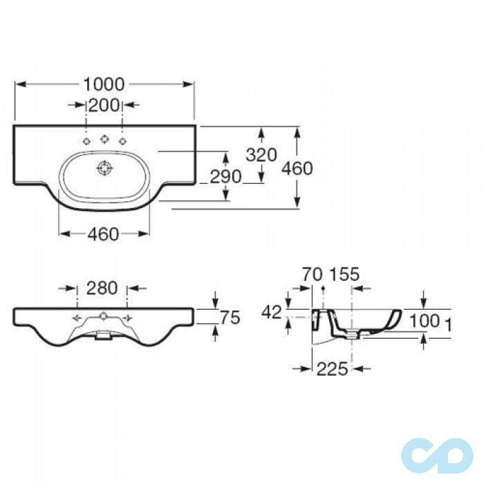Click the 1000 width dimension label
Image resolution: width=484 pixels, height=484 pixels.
(x=104, y=84)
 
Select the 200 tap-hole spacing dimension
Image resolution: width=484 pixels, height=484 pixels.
(x=104, y=105)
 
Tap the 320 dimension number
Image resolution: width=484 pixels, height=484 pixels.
(x=261, y=155)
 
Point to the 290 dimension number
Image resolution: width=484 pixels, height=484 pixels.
(x=225, y=177)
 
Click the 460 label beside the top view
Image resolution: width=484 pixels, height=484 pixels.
(x=297, y=169)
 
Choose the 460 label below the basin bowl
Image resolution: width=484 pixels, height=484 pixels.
(x=103, y=234)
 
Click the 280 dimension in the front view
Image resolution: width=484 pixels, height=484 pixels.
(x=102, y=288)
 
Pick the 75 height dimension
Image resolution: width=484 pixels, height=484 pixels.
(x=230, y=317)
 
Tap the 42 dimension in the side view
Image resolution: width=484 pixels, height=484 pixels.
(x=272, y=313)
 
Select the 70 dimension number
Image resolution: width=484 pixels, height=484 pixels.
(x=313, y=274)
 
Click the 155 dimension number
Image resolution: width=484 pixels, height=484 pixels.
(x=345, y=274)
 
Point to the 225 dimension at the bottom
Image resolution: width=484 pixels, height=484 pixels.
(x=333, y=369)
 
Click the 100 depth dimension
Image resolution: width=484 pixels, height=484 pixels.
(x=425, y=321)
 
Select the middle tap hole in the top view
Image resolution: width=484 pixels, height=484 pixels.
(x=104, y=139)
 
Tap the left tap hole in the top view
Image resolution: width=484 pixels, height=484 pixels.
(x=86, y=141)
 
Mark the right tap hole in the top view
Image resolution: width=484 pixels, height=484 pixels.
(x=123, y=141)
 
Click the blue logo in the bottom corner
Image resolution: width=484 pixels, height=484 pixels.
(x=437, y=456)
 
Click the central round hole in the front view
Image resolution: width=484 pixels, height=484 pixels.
(x=103, y=316)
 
